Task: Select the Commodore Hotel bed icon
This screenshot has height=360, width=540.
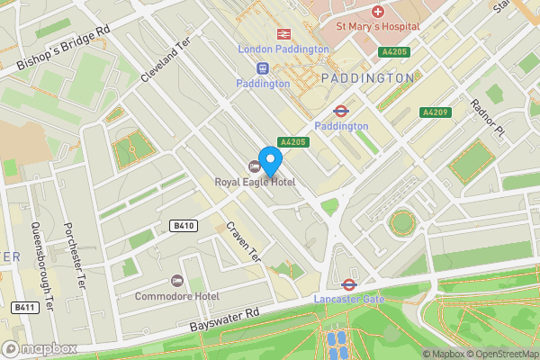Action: pyautogui.click(x=176, y=282)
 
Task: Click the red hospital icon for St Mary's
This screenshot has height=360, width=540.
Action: pyautogui.click(x=378, y=12)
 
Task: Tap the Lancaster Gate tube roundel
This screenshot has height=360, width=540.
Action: pyautogui.click(x=338, y=283)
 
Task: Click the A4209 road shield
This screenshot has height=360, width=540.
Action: pyautogui.click(x=436, y=112)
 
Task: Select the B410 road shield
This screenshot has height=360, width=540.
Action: pyautogui.click(x=184, y=226)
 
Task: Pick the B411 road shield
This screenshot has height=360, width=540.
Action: pyautogui.click(x=23, y=308)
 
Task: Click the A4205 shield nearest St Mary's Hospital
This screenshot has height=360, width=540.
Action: pyautogui.click(x=394, y=52)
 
